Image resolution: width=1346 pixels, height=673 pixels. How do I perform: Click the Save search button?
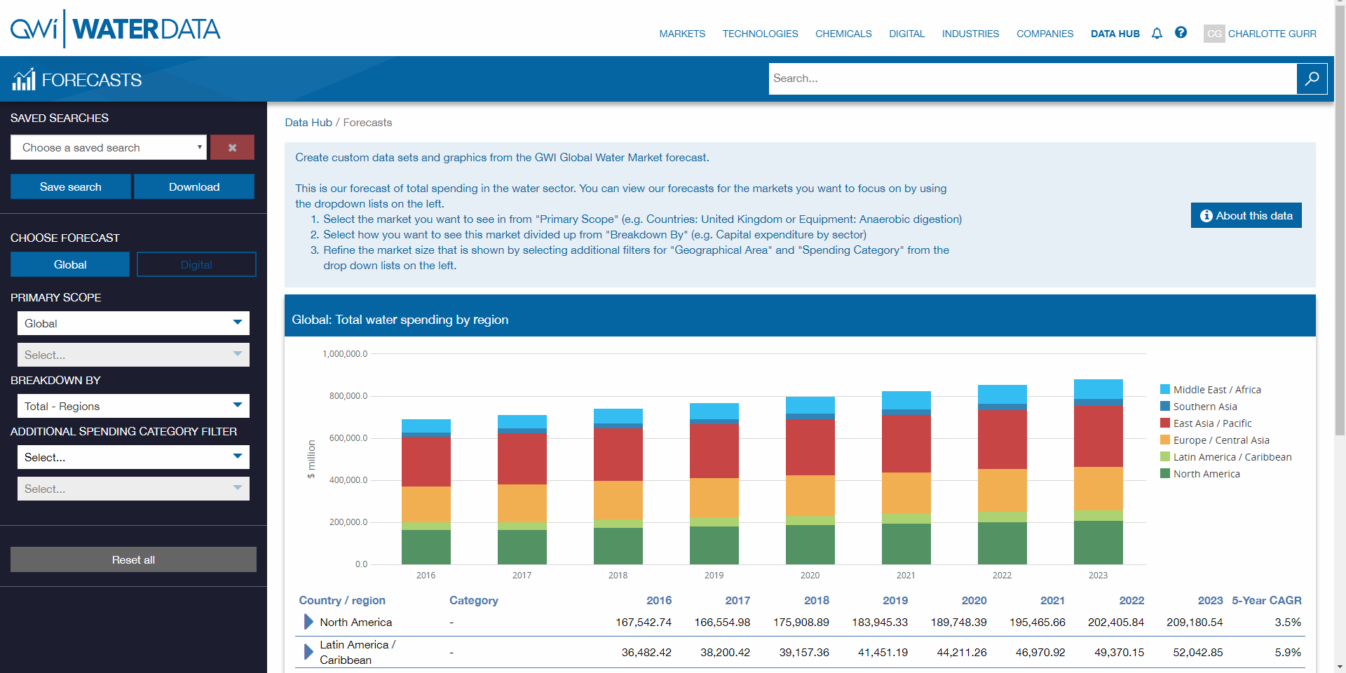(x=70, y=186)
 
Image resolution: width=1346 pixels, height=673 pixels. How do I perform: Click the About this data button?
(x=1246, y=215)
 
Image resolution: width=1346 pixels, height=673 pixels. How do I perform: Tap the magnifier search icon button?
(x=1312, y=79)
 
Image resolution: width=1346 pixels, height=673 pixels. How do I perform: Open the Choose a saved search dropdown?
(x=109, y=147)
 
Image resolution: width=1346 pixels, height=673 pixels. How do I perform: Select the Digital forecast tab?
(x=196, y=264)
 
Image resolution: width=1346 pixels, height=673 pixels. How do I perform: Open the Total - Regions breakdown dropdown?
(x=133, y=406)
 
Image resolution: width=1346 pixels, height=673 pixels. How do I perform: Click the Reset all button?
(x=133, y=559)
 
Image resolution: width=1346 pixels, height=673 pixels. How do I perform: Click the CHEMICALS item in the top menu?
(x=843, y=34)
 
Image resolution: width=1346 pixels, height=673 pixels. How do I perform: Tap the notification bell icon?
(x=1157, y=33)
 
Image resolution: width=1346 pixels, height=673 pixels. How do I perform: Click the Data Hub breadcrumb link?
(x=308, y=122)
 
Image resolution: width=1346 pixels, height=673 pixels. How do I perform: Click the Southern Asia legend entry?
(x=1204, y=407)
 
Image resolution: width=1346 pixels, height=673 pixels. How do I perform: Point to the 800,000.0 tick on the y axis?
(x=348, y=396)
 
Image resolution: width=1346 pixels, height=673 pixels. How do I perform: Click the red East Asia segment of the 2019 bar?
(x=714, y=451)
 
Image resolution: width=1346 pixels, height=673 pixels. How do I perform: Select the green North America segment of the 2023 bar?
(x=1098, y=542)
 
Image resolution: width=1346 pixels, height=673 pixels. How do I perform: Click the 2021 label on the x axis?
(x=906, y=575)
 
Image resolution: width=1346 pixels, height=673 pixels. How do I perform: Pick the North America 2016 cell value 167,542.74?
(x=643, y=622)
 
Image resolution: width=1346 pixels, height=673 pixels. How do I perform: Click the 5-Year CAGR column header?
(x=1266, y=600)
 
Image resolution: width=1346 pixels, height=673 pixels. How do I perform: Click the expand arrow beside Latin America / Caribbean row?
(x=308, y=652)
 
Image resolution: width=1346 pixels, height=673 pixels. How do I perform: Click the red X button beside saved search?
(x=232, y=147)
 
